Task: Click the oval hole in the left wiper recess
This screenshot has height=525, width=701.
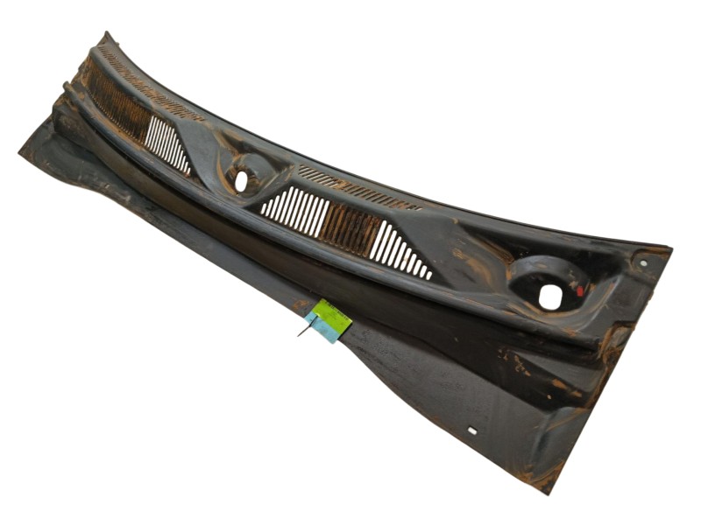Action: pos(241,181)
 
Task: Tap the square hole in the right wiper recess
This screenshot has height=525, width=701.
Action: pos(549,297)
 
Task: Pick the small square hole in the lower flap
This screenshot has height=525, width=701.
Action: pos(471,430)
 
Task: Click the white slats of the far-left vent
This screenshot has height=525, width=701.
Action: pos(166,143)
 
